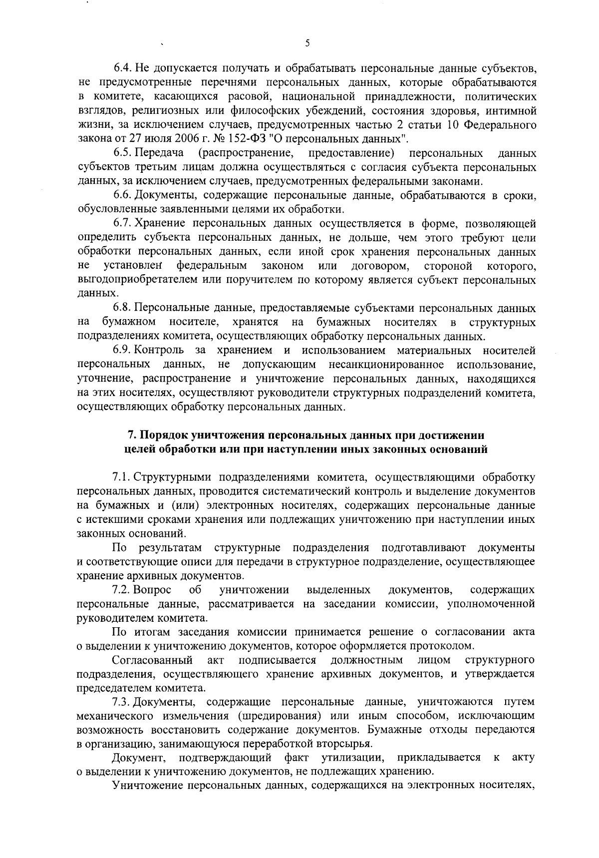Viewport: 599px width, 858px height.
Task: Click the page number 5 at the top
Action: tap(307, 44)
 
